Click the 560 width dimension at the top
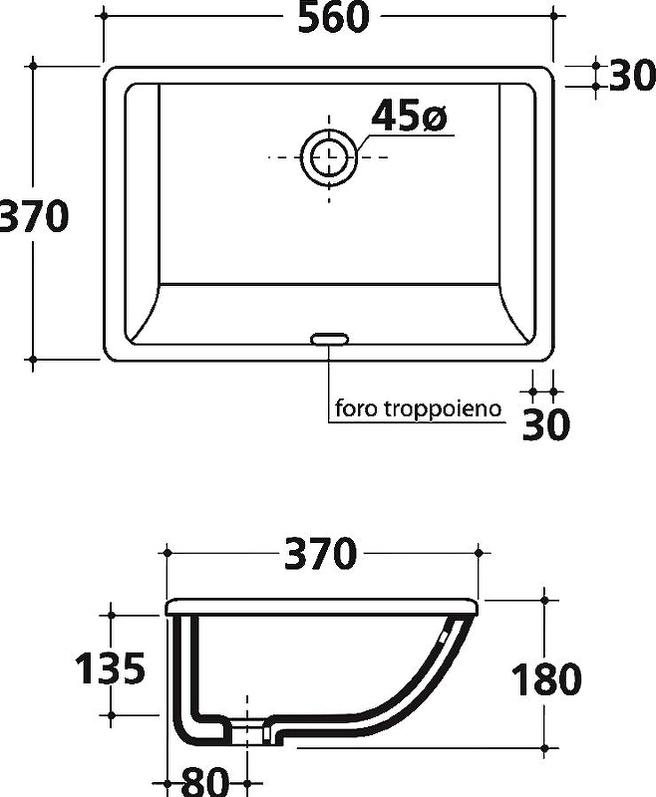coord(333,18)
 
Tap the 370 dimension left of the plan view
coord(33,216)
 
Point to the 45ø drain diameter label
coord(409,116)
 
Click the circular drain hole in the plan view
coord(329,156)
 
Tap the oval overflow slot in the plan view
coord(330,339)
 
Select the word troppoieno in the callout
coord(443,408)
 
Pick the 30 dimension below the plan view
coord(546,424)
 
